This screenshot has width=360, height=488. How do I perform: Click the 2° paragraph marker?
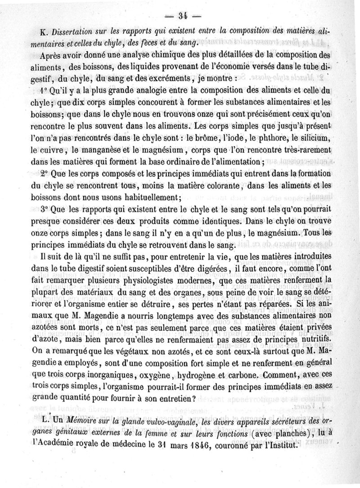coord(45,173)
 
